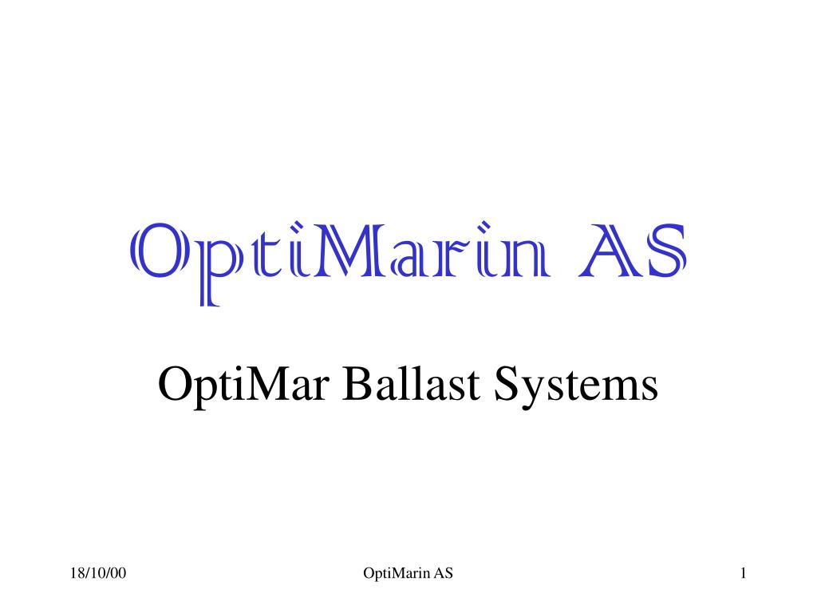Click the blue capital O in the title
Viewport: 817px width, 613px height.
click(158, 251)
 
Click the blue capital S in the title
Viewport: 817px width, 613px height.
click(664, 251)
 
